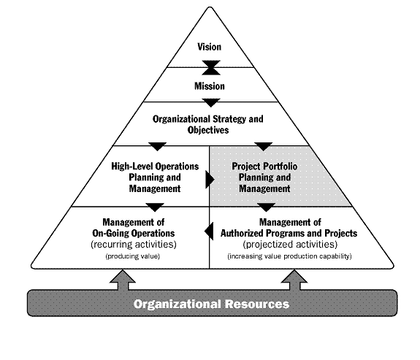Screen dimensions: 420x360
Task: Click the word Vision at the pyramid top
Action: pyautogui.click(x=210, y=47)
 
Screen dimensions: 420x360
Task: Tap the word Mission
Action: pyautogui.click(x=210, y=86)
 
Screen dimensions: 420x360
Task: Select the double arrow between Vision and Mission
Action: pyautogui.click(x=211, y=67)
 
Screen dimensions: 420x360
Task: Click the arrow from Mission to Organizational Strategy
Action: pyautogui.click(x=211, y=103)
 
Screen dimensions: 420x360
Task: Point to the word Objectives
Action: pyautogui.click(x=208, y=130)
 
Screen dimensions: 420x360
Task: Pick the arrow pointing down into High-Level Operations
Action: pyautogui.click(x=158, y=147)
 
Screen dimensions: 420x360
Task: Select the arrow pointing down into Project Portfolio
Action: pyautogui.click(x=264, y=147)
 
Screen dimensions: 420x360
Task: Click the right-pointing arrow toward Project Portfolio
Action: pyautogui.click(x=210, y=180)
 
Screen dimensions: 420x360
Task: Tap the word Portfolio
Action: pyautogui.click(x=281, y=166)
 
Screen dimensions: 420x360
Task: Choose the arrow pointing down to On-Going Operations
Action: pyautogui.click(x=155, y=207)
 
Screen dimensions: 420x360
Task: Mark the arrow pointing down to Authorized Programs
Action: pyautogui.click(x=267, y=207)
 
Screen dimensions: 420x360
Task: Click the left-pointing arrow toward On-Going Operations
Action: pyautogui.click(x=209, y=231)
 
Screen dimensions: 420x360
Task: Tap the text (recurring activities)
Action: pyautogui.click(x=134, y=245)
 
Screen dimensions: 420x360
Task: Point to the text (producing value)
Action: pyautogui.click(x=133, y=256)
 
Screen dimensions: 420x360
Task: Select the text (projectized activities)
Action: pyautogui.click(x=290, y=245)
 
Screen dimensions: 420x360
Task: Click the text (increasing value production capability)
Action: pyautogui.click(x=289, y=256)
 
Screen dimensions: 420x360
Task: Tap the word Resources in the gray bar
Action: pyautogui.click(x=257, y=304)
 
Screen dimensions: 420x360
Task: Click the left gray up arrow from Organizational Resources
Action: pyautogui.click(x=123, y=280)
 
